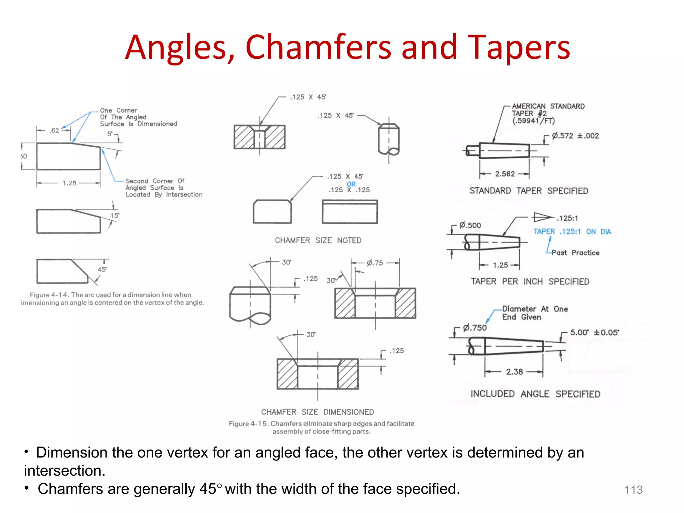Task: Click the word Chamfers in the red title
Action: [x=318, y=47]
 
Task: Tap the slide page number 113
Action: [x=633, y=490]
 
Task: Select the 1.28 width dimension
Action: [x=69, y=183]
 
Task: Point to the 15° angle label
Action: [x=115, y=215]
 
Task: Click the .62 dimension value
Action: [x=54, y=131]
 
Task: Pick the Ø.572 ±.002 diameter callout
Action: [x=575, y=136]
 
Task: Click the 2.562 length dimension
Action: [x=505, y=174]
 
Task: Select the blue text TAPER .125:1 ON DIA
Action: [x=572, y=232]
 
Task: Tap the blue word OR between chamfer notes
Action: [x=351, y=184]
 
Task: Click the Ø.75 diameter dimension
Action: [x=375, y=263]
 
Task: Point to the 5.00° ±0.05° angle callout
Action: [x=594, y=332]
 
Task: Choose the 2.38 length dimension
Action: [x=514, y=372]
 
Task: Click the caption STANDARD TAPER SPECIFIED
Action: [x=529, y=191]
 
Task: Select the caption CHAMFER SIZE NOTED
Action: [x=318, y=240]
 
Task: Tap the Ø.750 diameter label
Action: [x=475, y=328]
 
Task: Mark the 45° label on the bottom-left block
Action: [x=102, y=270]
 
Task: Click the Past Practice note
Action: [x=575, y=253]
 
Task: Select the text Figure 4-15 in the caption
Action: [x=248, y=424]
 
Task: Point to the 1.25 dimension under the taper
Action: [x=500, y=265]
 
